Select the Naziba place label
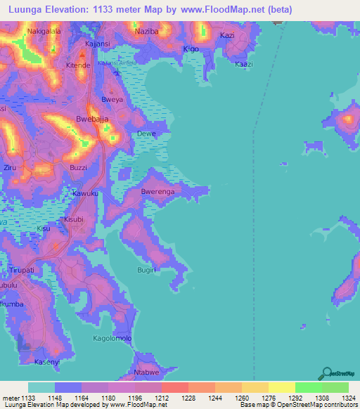[146, 32]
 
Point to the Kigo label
[191, 49]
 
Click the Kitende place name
[78, 65]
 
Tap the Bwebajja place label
[92, 119]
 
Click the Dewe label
[146, 134]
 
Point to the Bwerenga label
[157, 190]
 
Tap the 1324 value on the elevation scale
[349, 398]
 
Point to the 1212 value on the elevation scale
[161, 398]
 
